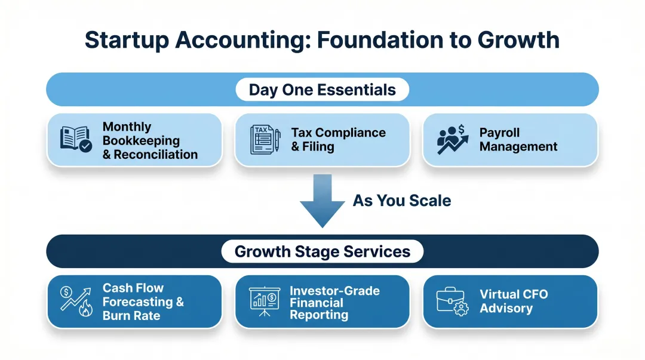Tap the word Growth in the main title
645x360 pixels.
(x=518, y=40)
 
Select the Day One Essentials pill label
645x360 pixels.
(x=322, y=90)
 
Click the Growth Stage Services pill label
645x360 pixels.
(x=322, y=251)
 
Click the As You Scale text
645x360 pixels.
(x=402, y=201)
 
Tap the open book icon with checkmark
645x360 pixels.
(x=76, y=138)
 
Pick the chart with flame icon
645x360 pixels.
(x=76, y=300)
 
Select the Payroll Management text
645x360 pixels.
(x=518, y=140)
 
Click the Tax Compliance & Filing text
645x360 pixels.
(x=338, y=140)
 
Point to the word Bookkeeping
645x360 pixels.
(x=141, y=141)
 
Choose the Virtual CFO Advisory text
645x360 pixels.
(x=513, y=301)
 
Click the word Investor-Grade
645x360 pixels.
(x=334, y=291)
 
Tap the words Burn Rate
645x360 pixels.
(x=131, y=316)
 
